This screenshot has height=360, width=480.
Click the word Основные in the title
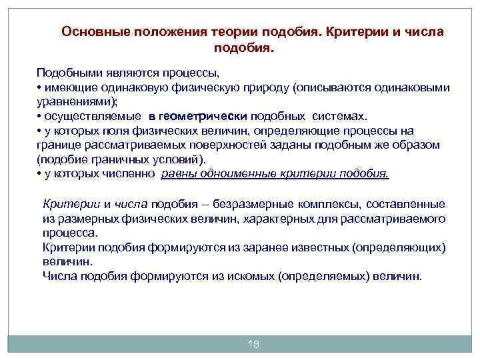(91, 32)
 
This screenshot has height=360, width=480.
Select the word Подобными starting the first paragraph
(67, 72)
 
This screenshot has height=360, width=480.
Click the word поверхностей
(209, 145)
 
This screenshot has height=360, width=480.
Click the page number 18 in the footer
(253, 344)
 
